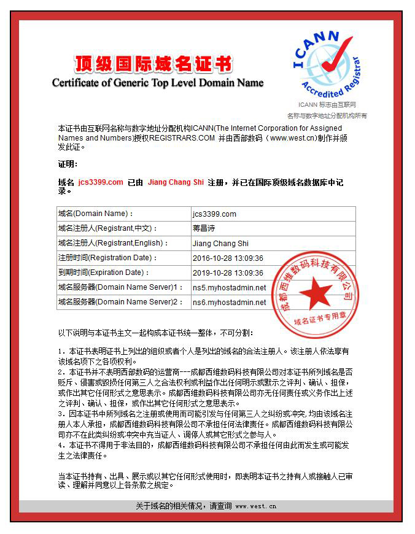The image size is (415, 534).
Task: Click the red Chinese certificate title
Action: (153, 63)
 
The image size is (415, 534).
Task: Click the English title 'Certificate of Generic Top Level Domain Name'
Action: (158, 83)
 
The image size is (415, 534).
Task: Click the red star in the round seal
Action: (316, 293)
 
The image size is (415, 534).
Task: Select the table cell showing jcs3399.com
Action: (214, 214)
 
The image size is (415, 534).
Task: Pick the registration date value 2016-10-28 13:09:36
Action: (228, 258)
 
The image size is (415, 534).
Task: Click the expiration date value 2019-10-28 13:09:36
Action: (228, 273)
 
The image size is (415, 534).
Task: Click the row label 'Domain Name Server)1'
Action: (120, 287)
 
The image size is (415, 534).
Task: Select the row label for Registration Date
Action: (108, 258)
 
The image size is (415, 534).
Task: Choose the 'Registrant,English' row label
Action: (111, 244)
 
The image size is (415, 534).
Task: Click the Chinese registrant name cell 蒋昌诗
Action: (204, 229)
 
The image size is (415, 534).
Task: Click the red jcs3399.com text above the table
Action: (101, 183)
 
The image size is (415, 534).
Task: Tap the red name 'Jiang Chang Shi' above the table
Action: (176, 183)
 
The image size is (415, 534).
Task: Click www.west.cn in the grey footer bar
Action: (255, 506)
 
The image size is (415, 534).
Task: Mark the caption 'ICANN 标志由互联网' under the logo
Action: (327, 106)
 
